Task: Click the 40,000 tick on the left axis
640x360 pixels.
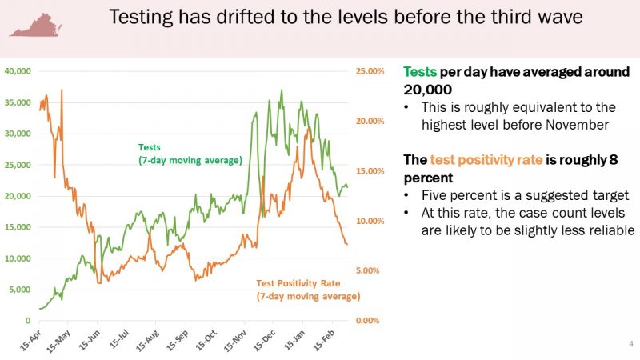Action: [16, 71]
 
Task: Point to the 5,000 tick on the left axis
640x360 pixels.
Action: [18, 289]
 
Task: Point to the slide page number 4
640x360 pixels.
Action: [631, 345]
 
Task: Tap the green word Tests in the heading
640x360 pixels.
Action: [421, 71]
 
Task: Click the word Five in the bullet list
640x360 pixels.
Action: [435, 195]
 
